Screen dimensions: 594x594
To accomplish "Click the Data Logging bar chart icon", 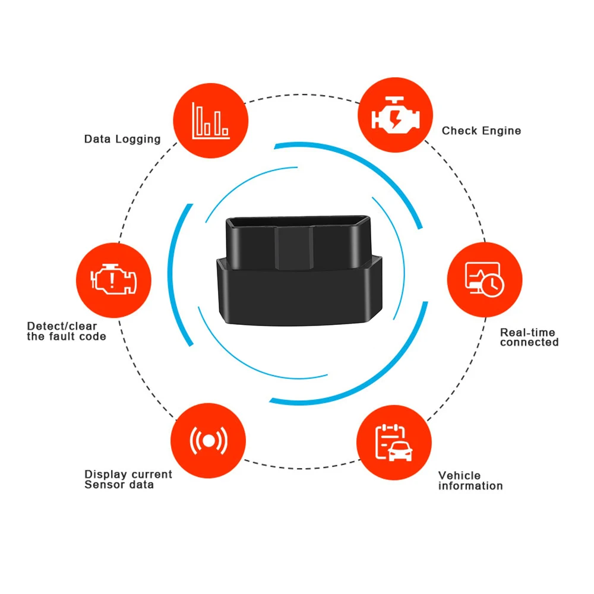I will (x=209, y=120).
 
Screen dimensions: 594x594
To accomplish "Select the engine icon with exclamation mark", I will (x=113, y=279).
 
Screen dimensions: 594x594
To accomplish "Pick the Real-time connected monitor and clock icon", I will (x=484, y=279).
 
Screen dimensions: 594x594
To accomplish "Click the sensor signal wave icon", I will (x=208, y=440).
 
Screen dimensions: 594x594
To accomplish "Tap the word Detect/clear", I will (x=62, y=326).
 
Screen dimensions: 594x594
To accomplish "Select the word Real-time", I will (x=527, y=333).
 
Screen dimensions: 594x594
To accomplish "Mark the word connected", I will (x=529, y=343).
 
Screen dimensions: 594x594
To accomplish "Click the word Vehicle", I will (x=459, y=476).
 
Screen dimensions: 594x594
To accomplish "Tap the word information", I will (x=470, y=486).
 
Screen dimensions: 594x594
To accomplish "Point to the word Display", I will (x=105, y=475).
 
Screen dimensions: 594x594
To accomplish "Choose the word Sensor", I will (x=103, y=485).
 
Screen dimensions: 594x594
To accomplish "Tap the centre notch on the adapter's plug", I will (x=293, y=245).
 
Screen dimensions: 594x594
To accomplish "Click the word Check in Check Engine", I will (x=459, y=131).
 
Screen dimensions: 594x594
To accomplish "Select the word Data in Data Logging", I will (x=96, y=139).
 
